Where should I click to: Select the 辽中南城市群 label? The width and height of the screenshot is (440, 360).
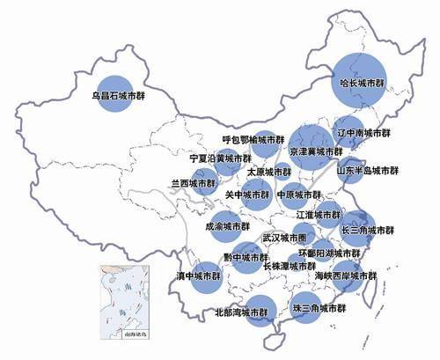point(364,134)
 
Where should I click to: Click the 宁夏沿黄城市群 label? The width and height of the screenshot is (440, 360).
point(220,158)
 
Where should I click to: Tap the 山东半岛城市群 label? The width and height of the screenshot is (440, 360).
point(368,171)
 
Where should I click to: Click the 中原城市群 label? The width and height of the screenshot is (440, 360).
point(299,195)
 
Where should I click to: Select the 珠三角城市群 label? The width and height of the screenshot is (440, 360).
point(319,310)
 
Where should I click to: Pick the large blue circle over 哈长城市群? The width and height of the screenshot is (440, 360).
point(362,76)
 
